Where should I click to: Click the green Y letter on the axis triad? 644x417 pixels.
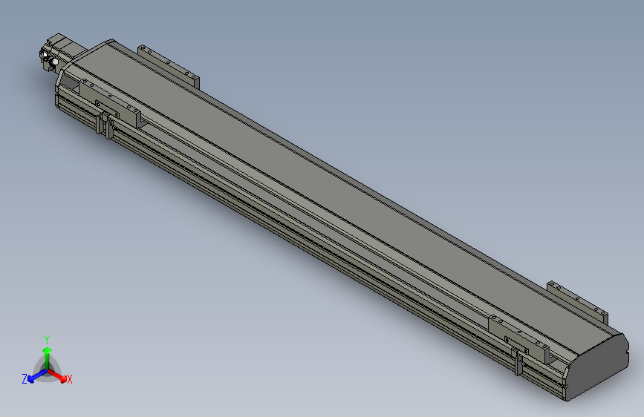click(x=46, y=338)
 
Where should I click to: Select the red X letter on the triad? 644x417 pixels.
click(x=69, y=380)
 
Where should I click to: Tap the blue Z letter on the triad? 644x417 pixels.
click(x=25, y=378)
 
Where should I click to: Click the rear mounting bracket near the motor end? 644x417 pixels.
click(x=169, y=65)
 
